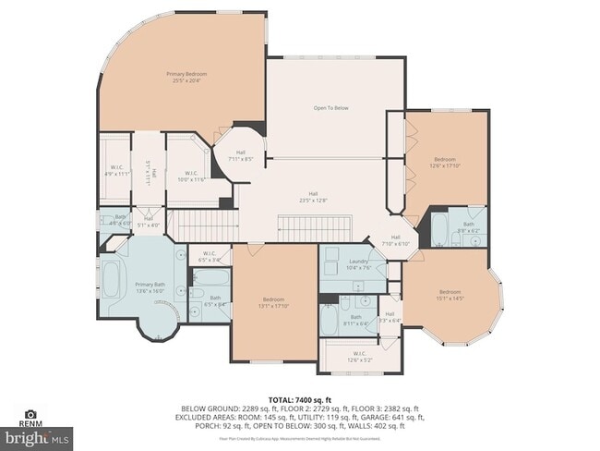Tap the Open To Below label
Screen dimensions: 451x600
(330, 108)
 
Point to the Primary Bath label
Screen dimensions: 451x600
(150, 286)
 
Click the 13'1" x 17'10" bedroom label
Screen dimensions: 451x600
(274, 302)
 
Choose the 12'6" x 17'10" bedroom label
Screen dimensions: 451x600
(445, 162)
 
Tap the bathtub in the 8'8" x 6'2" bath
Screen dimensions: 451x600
(441, 227)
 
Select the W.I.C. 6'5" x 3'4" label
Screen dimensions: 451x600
(209, 258)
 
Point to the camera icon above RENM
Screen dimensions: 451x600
(30, 414)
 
